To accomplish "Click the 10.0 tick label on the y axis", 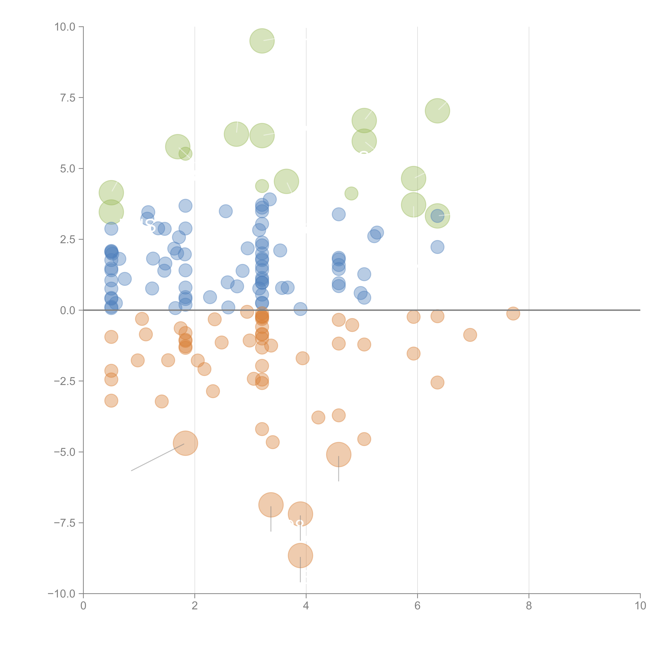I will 65,27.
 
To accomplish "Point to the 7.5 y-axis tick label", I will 68,98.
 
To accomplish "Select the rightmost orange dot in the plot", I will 513,313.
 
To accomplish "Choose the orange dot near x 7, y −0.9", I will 470,335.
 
